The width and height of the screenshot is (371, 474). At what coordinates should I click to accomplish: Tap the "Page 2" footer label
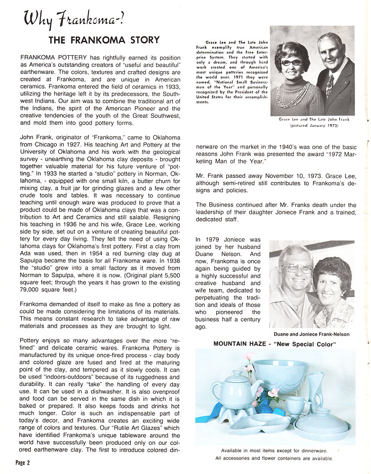click(x=23, y=463)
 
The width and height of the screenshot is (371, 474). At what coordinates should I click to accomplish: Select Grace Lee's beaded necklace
click(x=290, y=93)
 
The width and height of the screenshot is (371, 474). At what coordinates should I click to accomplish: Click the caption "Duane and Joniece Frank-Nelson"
click(x=312, y=334)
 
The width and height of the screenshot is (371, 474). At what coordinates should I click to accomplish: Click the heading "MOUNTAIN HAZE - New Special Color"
click(x=275, y=344)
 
